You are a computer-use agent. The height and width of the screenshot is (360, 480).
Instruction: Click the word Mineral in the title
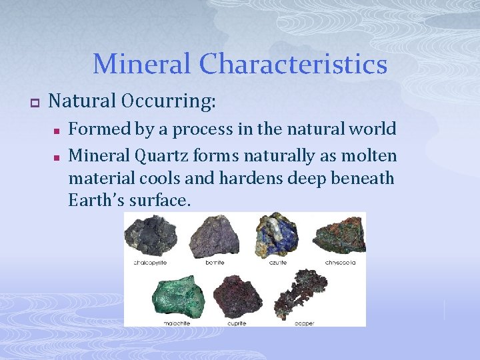(142, 65)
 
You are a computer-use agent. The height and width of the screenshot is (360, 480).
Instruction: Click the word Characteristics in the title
(293, 65)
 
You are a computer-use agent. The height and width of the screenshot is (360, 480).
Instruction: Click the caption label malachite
(177, 323)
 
